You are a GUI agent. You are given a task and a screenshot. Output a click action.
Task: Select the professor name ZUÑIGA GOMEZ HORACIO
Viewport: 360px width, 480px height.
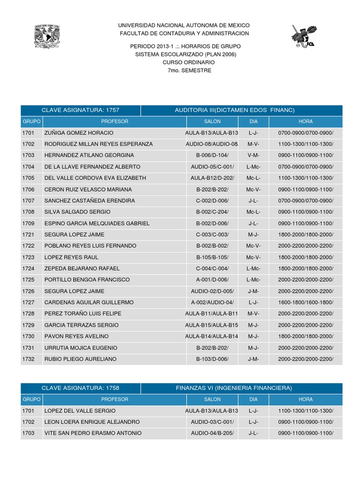pyautogui.click(x=79, y=133)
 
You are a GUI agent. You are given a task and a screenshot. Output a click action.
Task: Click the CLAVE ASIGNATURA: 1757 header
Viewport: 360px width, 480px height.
pyautogui.click(x=80, y=110)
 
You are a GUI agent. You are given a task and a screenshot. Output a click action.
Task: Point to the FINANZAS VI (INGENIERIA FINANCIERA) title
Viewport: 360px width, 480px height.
pyautogui.click(x=234, y=388)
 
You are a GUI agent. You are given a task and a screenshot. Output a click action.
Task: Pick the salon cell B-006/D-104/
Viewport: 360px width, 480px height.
pyautogui.click(x=212, y=155)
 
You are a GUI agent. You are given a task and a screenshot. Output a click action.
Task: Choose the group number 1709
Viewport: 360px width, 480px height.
pyautogui.click(x=28, y=223)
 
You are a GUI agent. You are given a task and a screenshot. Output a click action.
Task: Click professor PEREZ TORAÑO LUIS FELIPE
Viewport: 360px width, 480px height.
pyautogui.click(x=82, y=314)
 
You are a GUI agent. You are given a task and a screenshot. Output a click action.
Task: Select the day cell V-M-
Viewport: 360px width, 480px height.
pyautogui.click(x=254, y=155)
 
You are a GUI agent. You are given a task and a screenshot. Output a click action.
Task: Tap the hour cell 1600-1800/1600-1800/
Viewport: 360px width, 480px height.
pyautogui.click(x=305, y=302)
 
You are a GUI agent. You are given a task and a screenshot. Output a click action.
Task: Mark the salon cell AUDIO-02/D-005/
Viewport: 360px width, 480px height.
pyautogui.click(x=212, y=291)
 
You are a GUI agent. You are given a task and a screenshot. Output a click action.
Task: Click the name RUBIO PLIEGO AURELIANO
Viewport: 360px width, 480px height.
pyautogui.click(x=80, y=359)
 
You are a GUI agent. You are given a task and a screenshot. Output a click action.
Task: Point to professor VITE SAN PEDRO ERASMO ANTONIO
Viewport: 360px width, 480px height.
pyautogui.click(x=93, y=433)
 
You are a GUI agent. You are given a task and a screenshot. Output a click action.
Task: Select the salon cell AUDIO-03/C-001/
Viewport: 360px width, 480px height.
pyautogui.click(x=212, y=422)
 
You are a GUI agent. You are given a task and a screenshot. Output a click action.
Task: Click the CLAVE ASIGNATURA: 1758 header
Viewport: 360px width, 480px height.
pyautogui.click(x=80, y=388)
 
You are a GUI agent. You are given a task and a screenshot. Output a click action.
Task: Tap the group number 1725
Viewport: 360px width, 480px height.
pyautogui.click(x=28, y=280)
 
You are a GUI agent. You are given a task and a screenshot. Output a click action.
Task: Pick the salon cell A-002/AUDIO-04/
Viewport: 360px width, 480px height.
pyautogui.click(x=212, y=302)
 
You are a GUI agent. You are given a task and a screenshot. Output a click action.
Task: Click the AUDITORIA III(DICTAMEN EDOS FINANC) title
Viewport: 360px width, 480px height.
pyautogui.click(x=234, y=110)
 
